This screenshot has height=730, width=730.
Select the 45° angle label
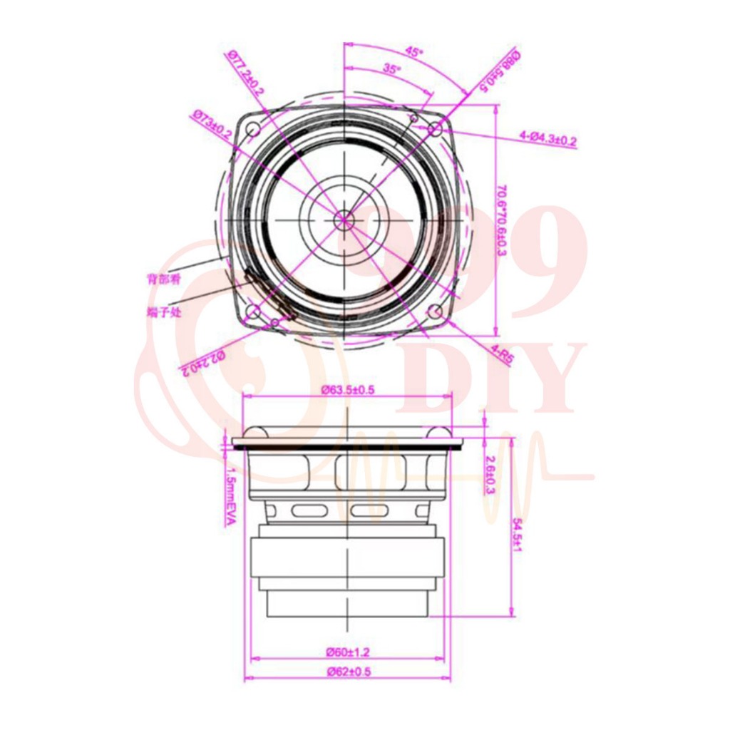click(x=414, y=51)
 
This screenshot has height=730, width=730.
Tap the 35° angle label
click(x=391, y=69)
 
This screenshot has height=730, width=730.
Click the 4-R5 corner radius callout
click(x=501, y=355)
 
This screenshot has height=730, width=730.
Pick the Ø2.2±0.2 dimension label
click(x=202, y=362)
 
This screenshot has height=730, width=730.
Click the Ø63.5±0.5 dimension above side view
click(x=348, y=390)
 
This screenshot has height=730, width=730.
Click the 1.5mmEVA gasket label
click(x=229, y=497)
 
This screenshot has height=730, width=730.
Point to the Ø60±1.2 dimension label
click(x=348, y=652)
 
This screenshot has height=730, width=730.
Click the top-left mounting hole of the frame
click(x=253, y=129)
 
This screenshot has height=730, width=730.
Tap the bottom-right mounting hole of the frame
click(x=433, y=312)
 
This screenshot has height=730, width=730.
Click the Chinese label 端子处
click(x=160, y=312)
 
